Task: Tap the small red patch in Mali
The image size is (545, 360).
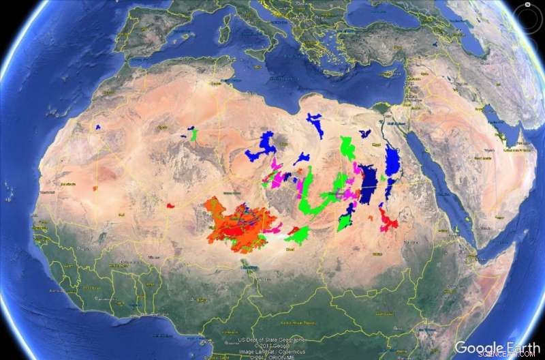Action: (x=171, y=204)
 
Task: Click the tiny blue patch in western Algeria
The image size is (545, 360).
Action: (x=98, y=127)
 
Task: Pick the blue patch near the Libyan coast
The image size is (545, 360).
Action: (x=315, y=124)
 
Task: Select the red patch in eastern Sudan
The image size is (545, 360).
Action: (x=388, y=220)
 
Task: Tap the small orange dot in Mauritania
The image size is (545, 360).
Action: (x=95, y=187)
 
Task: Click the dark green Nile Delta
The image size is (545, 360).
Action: (x=382, y=108)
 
